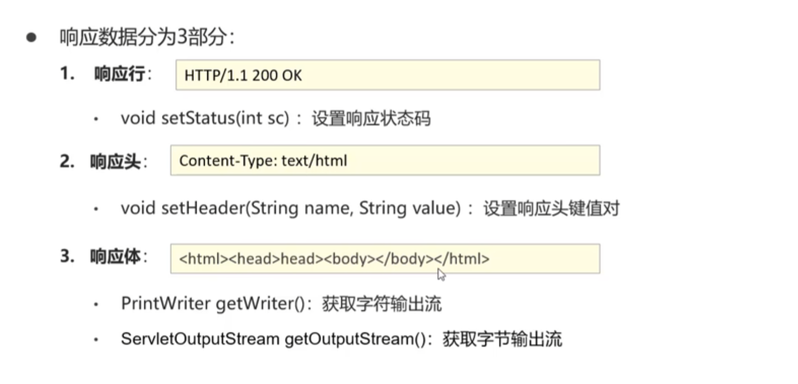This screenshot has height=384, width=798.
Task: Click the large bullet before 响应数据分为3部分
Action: tap(31, 37)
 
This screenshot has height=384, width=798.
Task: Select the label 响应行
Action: tap(119, 74)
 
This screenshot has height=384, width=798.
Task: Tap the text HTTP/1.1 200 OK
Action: tap(243, 76)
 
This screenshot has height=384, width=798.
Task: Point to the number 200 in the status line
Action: tap(264, 76)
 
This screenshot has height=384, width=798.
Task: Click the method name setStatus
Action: tap(198, 118)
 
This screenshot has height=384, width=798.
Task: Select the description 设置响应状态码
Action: tap(371, 119)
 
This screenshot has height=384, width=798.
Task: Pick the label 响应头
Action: tap(115, 162)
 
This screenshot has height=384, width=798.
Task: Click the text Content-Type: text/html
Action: tap(263, 161)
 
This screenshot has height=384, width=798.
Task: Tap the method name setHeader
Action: tap(203, 208)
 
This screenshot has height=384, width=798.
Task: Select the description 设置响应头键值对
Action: tap(551, 208)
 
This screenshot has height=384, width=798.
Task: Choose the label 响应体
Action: tap(115, 257)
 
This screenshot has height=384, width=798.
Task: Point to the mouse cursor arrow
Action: tap(441, 275)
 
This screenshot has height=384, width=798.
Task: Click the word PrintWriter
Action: tap(166, 304)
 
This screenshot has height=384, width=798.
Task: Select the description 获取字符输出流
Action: tap(381, 304)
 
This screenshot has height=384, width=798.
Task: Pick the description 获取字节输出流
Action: tap(502, 339)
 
